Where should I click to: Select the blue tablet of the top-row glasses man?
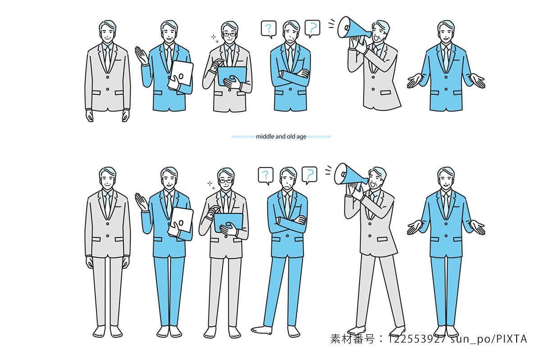(x=232, y=76)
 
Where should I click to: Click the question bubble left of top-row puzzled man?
(x=269, y=29)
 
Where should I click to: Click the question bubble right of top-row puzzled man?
(x=312, y=28)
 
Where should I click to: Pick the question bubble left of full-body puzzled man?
(x=266, y=176)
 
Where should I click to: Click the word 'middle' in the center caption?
(x=265, y=137)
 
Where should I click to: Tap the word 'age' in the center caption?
(x=302, y=137)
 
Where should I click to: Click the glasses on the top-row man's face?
(x=229, y=35)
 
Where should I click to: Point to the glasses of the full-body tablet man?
(x=225, y=181)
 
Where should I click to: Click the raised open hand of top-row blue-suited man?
(x=141, y=55)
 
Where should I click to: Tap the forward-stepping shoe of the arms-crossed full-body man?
(x=261, y=330)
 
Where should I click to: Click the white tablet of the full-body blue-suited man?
(x=182, y=221)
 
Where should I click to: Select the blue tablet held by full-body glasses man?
(x=228, y=223)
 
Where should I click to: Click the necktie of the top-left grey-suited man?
(x=107, y=59)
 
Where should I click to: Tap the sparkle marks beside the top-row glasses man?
(x=215, y=39)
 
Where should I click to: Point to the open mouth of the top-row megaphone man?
(x=376, y=38)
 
